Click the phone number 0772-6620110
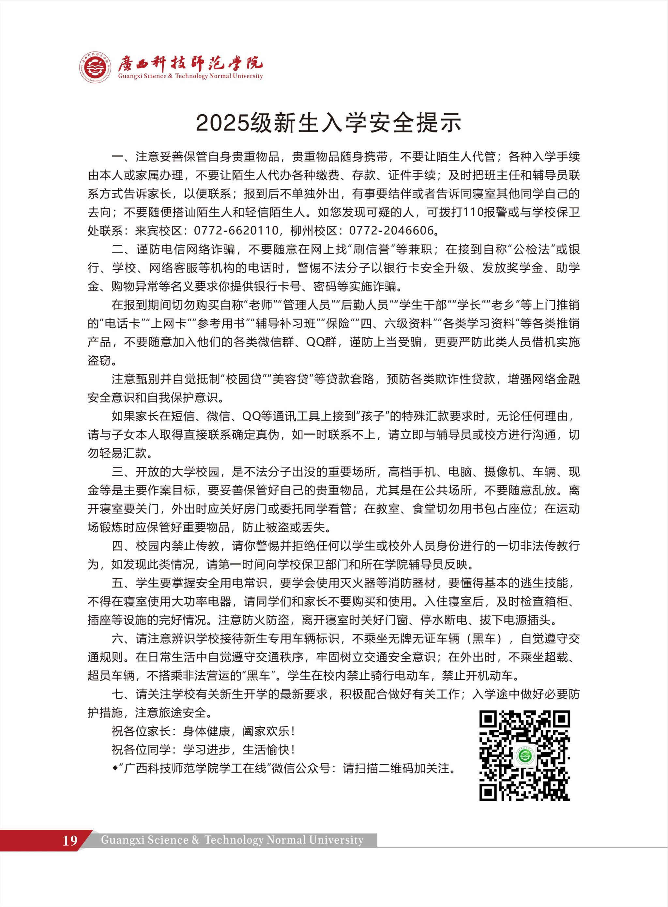236,231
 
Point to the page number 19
70,840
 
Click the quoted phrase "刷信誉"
373,249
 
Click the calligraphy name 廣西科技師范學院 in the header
190,63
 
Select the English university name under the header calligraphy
190,76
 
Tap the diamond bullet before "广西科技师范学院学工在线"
115,768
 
